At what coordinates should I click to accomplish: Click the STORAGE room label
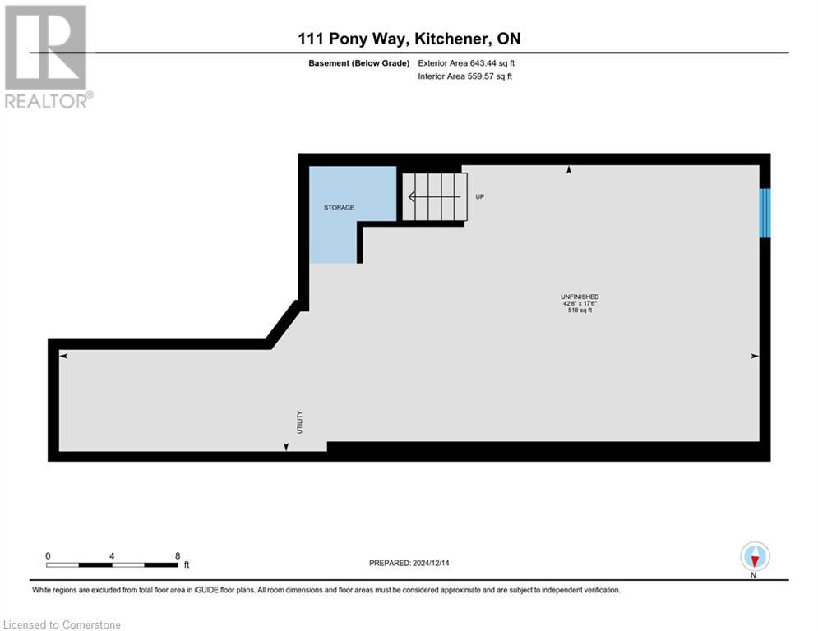point(339,207)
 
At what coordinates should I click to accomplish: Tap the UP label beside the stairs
point(479,197)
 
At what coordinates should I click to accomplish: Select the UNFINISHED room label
point(580,297)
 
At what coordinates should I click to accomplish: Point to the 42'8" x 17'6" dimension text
point(580,303)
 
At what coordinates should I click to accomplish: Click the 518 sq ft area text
point(580,311)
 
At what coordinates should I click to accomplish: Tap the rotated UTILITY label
point(300,422)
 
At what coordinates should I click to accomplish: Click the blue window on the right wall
point(765,214)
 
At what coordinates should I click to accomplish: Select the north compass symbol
point(754,556)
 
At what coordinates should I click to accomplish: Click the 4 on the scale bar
point(112,555)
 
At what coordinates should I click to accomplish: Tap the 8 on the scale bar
point(178,555)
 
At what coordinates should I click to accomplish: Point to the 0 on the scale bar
point(49,555)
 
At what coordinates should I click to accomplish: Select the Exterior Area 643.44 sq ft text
point(466,63)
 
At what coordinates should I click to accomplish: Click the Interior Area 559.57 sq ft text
point(464,76)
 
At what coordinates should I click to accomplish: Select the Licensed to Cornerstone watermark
point(62,625)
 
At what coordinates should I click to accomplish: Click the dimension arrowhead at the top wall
point(569,170)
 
